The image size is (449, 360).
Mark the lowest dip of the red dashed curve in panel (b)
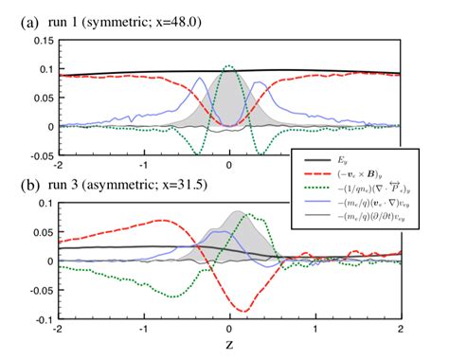coord(242,311)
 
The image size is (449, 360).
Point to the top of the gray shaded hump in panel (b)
coord(239,211)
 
